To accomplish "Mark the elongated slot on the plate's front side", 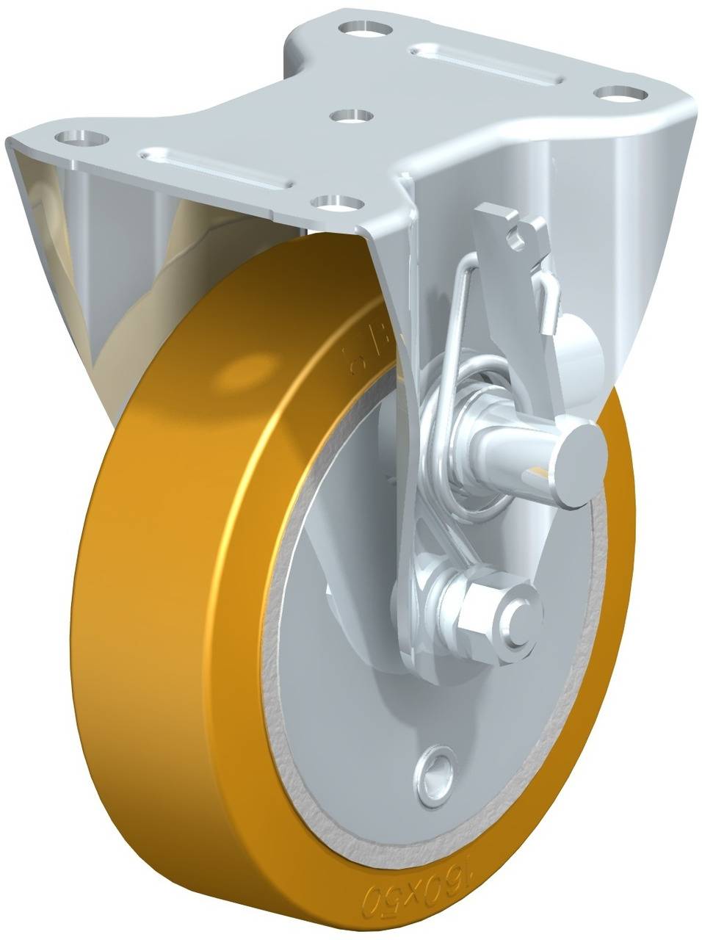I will pyautogui.click(x=218, y=168).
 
